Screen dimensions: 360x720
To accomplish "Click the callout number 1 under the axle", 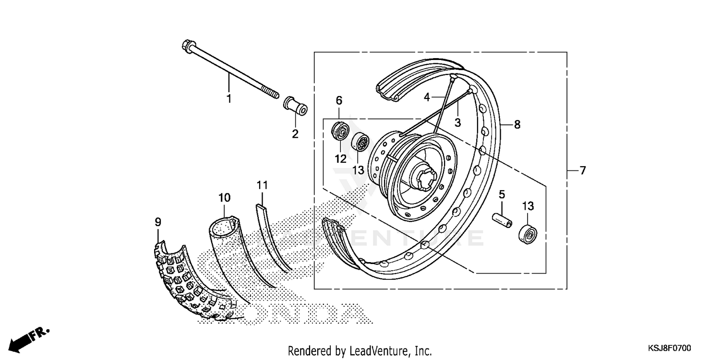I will [x=229, y=99].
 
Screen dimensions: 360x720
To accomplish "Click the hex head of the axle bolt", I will [x=187, y=46].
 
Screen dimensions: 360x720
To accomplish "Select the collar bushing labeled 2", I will [x=295, y=106].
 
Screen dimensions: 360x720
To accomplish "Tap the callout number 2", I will [x=295, y=134].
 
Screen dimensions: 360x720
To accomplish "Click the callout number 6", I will [x=339, y=100].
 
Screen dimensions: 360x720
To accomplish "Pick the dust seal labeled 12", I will [x=340, y=131].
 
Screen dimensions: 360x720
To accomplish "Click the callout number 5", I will [x=502, y=194].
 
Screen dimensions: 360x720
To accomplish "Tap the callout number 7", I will [x=582, y=170].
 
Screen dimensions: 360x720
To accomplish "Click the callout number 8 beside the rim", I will [x=517, y=124].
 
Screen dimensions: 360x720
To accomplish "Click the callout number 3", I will [x=457, y=122].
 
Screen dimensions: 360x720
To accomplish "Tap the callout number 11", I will [x=262, y=185].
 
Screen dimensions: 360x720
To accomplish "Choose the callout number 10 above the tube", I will [x=224, y=197].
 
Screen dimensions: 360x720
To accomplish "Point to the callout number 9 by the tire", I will [x=158, y=222].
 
